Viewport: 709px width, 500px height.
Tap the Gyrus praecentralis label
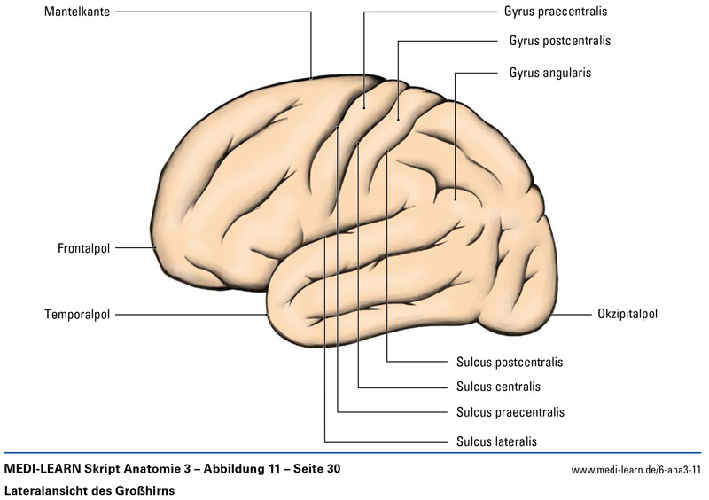(555, 12)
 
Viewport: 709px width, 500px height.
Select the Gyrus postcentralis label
(560, 41)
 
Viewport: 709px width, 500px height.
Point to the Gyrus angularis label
(550, 72)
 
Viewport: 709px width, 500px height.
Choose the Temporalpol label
(77, 314)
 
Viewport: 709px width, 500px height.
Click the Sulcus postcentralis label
(510, 362)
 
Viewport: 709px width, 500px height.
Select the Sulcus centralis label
(498, 387)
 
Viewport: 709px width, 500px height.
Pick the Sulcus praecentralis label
(510, 412)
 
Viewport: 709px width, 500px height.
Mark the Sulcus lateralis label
(496, 440)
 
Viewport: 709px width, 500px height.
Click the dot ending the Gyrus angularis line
(455, 199)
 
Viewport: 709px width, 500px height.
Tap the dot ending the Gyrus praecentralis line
(363, 107)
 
